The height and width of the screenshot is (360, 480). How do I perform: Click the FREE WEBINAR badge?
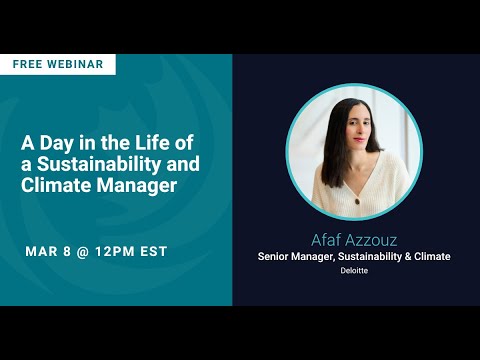57,64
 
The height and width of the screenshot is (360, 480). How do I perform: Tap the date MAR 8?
49,250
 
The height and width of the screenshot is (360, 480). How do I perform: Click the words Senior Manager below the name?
295,257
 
